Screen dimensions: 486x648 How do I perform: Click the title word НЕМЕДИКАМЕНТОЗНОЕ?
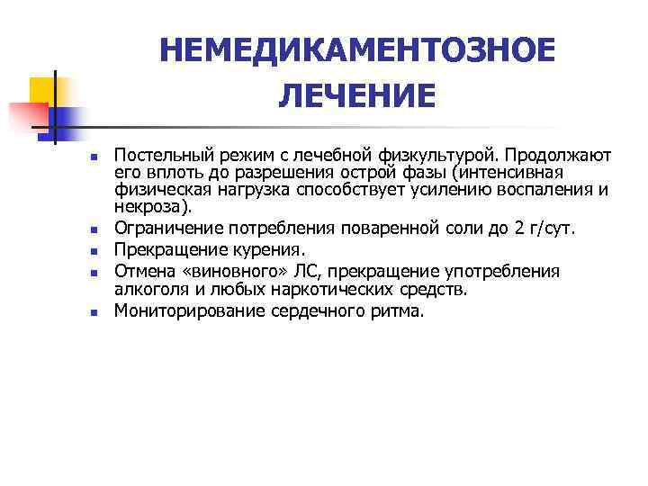tap(357, 50)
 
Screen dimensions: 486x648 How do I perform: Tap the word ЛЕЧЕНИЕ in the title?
tap(357, 94)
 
